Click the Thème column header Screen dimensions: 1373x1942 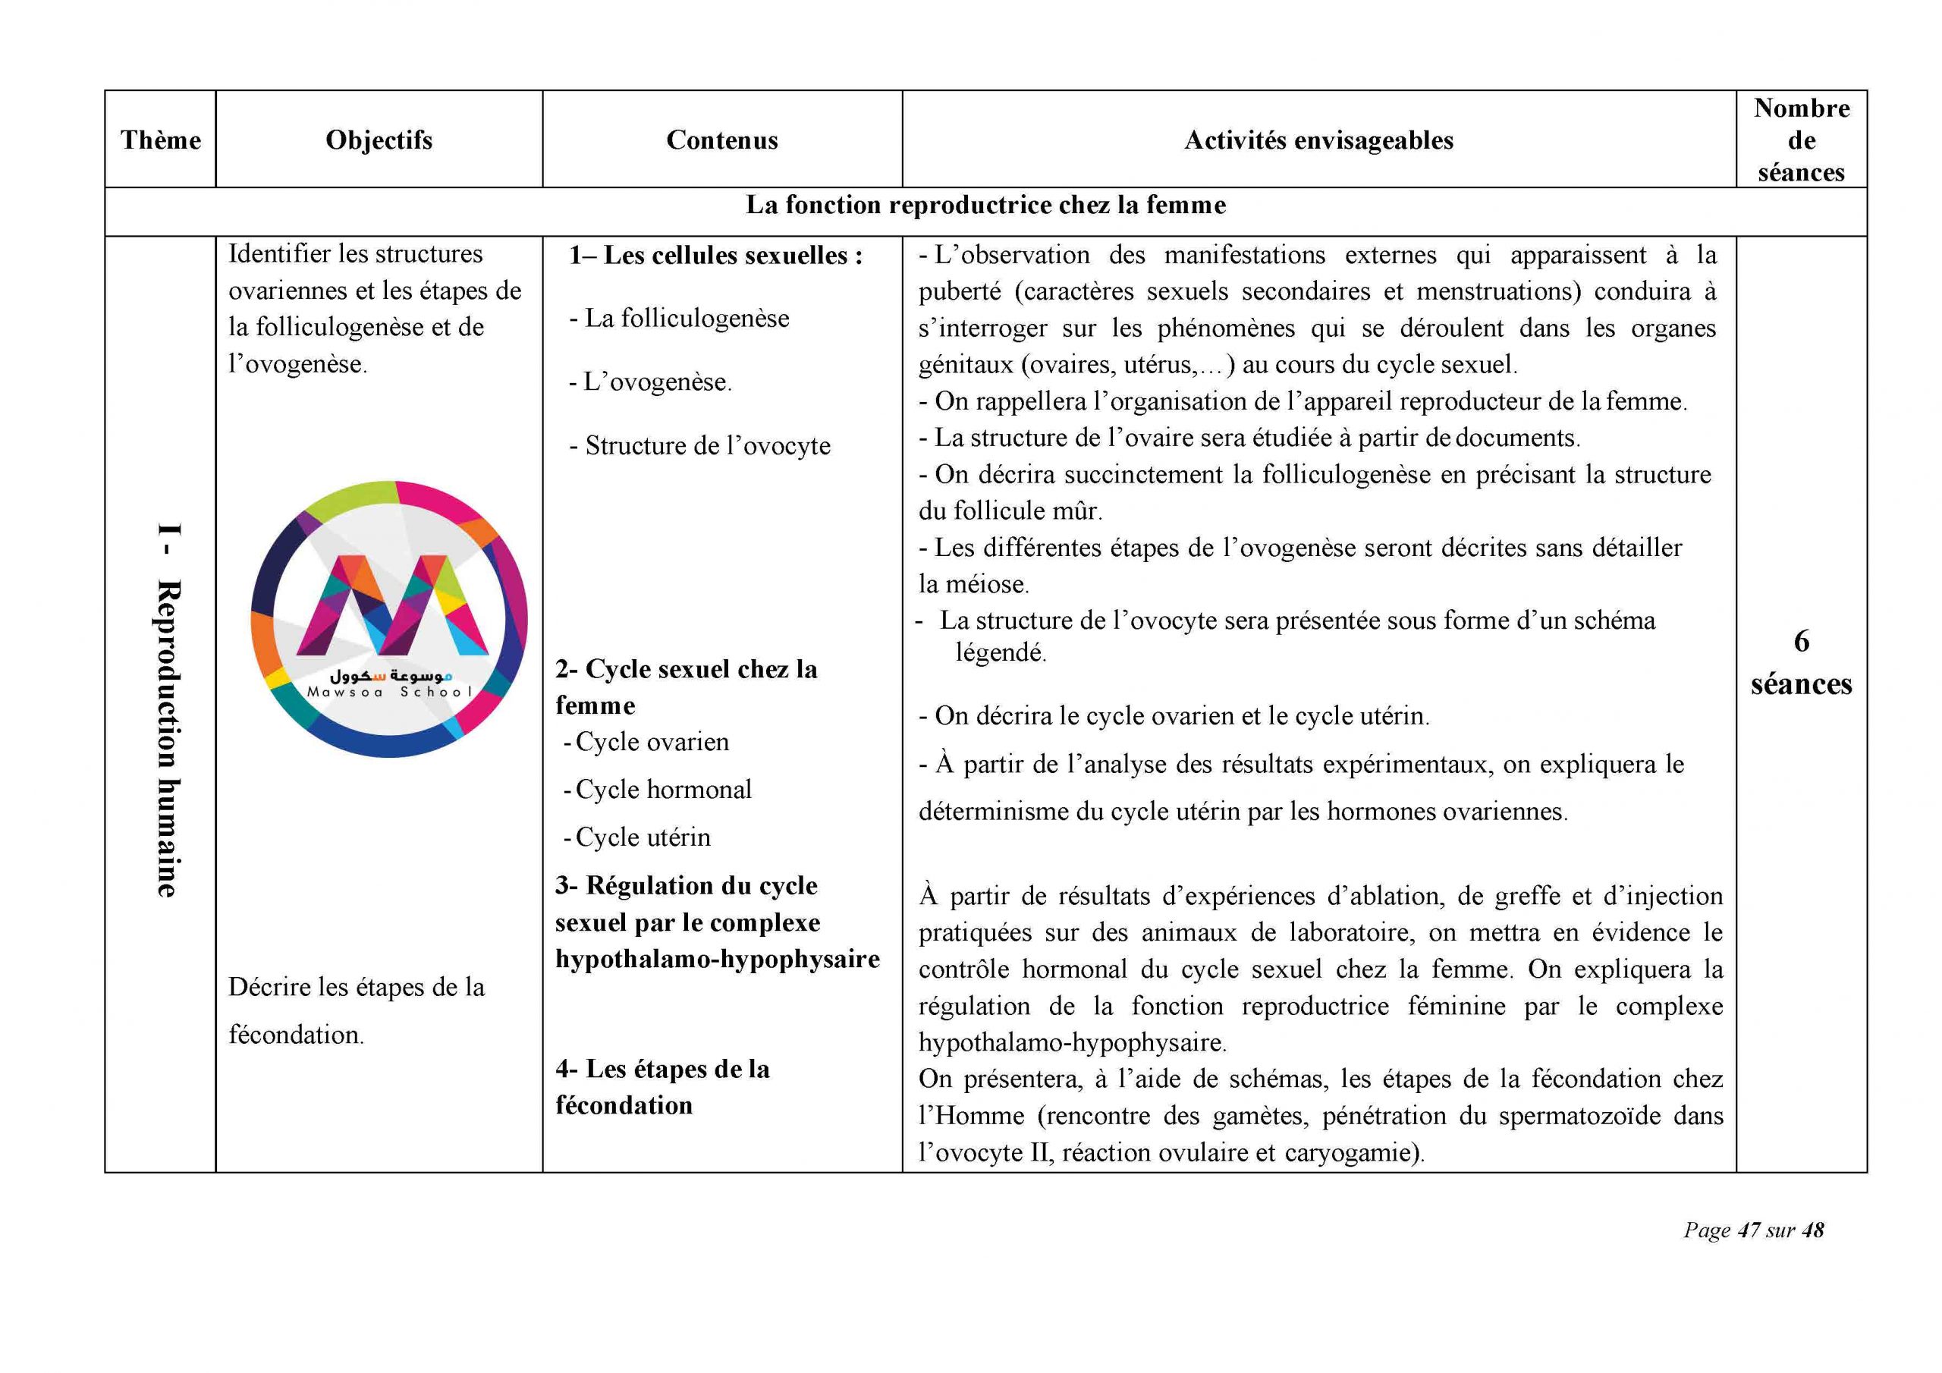(161, 140)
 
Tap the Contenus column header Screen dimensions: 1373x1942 (721, 140)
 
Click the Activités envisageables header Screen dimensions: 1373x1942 (1318, 140)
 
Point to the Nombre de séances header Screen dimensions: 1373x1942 (1801, 140)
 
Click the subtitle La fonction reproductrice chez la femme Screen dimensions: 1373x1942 (985, 205)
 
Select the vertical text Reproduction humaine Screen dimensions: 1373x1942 (167, 736)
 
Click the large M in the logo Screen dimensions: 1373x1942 (391, 605)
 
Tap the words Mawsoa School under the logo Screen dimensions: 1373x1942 (390, 692)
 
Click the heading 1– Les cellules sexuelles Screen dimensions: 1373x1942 (715, 255)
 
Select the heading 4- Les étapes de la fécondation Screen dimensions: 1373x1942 (662, 1087)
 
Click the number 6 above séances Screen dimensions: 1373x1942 (1802, 641)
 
